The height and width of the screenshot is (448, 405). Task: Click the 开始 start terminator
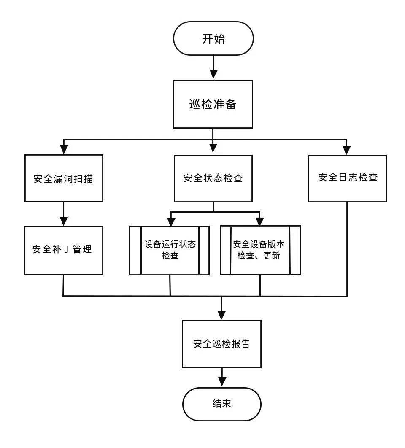click(213, 39)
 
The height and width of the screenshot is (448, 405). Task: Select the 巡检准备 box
click(213, 104)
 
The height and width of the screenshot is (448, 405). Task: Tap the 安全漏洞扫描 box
click(64, 178)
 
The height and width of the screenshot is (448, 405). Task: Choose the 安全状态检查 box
click(213, 178)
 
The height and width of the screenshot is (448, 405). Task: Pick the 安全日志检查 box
click(347, 178)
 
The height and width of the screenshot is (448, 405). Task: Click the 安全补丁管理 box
click(64, 250)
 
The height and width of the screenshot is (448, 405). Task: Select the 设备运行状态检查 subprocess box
click(170, 250)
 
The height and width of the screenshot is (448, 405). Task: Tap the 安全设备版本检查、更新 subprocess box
click(260, 250)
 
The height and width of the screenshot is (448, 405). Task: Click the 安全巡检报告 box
click(221, 344)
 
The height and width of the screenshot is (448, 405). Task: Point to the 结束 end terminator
click(221, 404)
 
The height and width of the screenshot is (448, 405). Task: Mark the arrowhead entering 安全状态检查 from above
click(213, 148)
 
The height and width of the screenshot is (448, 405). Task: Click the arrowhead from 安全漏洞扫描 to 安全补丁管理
click(64, 221)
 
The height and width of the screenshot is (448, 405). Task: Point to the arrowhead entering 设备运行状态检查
click(171, 221)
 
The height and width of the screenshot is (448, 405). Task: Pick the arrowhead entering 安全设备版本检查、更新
click(260, 221)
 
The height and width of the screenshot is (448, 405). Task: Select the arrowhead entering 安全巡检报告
click(221, 315)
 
